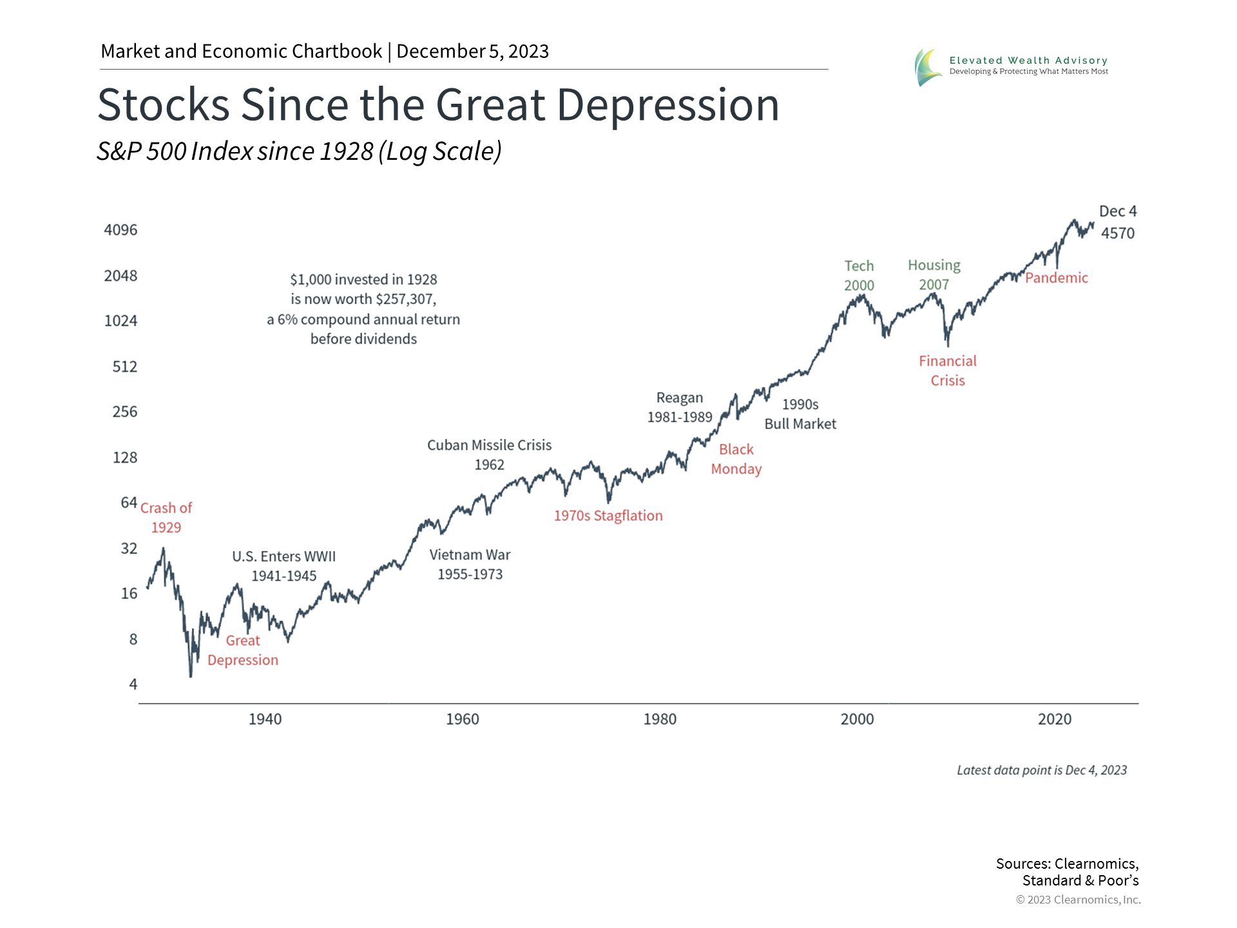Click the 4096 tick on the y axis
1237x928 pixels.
point(120,230)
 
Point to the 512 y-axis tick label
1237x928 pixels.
point(124,367)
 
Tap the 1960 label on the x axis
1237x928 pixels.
point(462,719)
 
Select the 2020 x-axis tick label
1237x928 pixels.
point(1054,719)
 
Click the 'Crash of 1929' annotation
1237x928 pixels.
point(166,517)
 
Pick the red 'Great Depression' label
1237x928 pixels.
point(243,650)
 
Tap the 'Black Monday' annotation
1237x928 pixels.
point(736,459)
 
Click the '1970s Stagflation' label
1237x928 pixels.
point(608,516)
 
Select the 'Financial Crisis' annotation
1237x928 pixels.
point(947,371)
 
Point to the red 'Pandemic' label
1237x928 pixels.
point(1056,278)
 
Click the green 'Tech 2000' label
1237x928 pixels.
point(859,275)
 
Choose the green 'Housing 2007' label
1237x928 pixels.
point(934,275)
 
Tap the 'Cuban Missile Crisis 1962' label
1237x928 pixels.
point(489,454)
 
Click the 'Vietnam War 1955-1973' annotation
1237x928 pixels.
point(470,564)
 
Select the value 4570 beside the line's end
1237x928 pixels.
point(1117,233)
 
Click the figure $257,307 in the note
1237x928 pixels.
point(405,299)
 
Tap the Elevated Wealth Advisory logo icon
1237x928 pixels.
point(928,67)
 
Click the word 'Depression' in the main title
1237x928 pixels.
point(667,105)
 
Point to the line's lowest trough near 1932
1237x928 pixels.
point(191,675)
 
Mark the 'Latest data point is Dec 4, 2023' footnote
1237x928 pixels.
point(1041,770)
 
